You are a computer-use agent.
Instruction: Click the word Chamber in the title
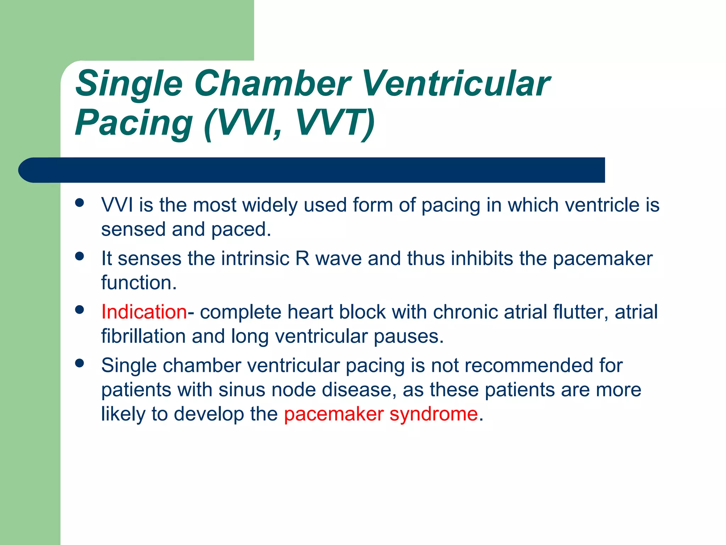coord(272,83)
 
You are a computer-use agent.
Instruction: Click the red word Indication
coord(144,312)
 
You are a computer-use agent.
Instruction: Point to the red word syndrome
coord(434,414)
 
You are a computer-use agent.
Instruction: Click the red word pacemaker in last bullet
coord(334,414)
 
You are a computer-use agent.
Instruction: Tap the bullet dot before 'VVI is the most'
coord(80,203)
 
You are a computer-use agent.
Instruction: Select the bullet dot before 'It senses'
coord(80,256)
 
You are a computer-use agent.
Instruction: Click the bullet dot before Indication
coord(80,310)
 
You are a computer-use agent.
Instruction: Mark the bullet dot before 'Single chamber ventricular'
coord(80,363)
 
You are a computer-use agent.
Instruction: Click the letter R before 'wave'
coord(302,258)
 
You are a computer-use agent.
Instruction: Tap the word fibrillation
coord(143,336)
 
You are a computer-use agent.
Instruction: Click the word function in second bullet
coord(139,283)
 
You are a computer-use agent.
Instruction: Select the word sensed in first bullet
coord(133,229)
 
